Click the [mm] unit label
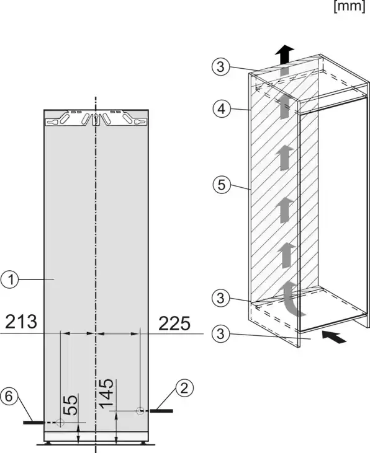click(x=350, y=6)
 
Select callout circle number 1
click(x=9, y=279)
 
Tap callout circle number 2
click(x=184, y=388)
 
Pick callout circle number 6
click(x=9, y=397)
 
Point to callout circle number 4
click(x=222, y=109)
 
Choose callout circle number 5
click(x=222, y=184)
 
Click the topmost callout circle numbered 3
click(x=221, y=67)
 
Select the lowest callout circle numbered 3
click(x=221, y=333)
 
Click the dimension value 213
click(x=21, y=322)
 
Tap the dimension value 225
click(x=174, y=323)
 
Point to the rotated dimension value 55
click(x=71, y=405)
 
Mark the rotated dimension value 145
click(x=106, y=394)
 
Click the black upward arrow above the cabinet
click(x=284, y=55)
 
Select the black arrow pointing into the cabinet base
click(x=334, y=337)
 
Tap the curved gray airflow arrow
click(x=291, y=299)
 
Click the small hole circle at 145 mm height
click(x=140, y=411)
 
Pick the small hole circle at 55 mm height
click(x=60, y=423)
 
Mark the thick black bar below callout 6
click(x=34, y=423)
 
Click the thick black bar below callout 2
click(x=161, y=410)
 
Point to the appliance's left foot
click(x=48, y=442)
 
